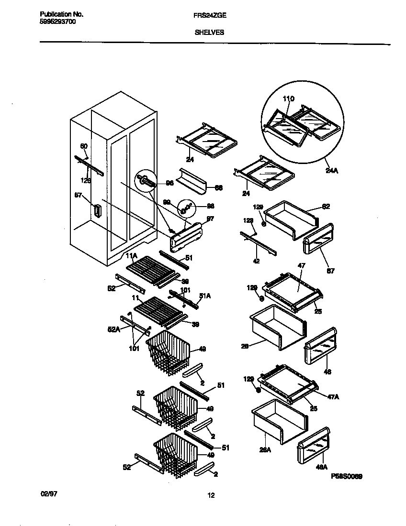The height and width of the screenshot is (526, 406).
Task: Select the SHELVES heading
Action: [209, 33]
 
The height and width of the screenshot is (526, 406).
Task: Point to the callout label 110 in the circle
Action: [288, 99]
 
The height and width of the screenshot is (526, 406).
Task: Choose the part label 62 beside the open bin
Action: [326, 207]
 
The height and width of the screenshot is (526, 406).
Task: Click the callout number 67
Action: [331, 271]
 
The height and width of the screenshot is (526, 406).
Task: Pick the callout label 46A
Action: [322, 467]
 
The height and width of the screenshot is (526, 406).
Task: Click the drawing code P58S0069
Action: [346, 476]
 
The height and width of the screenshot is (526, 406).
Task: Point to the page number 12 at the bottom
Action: [211, 496]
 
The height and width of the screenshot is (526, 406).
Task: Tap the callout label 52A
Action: [113, 329]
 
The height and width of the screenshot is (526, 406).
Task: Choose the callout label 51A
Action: [205, 296]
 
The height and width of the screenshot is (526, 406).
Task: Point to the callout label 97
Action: [210, 219]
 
